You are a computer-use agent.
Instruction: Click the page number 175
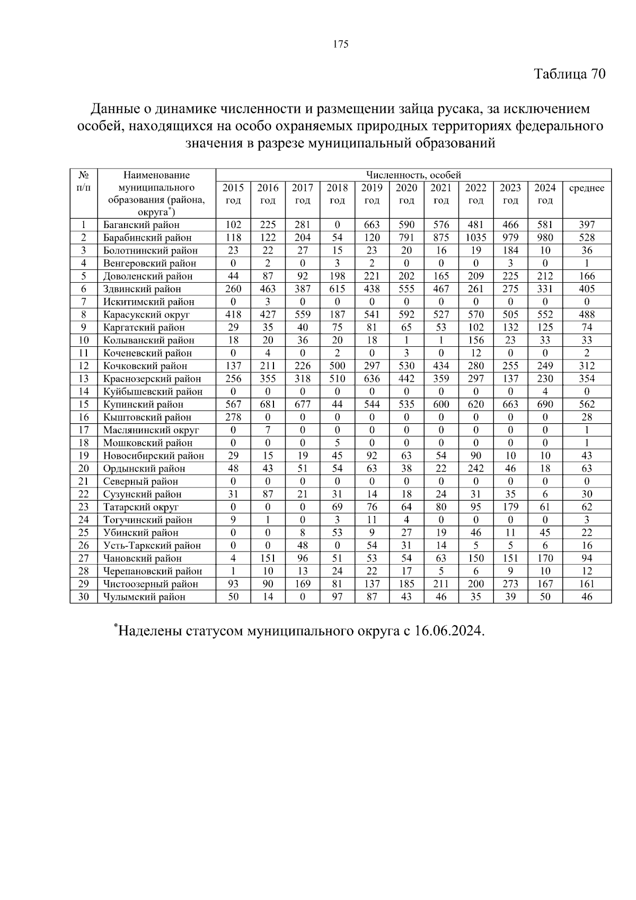341,44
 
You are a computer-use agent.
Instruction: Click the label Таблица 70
569,74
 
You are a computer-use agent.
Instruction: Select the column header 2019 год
372,194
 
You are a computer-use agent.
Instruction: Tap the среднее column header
586,188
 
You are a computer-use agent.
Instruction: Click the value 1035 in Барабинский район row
475,238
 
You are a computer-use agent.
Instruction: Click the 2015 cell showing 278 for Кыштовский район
233,417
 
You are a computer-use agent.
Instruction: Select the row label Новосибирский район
153,456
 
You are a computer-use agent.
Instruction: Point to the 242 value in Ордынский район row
475,468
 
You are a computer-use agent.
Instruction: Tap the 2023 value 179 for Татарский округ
510,507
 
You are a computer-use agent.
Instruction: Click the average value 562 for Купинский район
587,404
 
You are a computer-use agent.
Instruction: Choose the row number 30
83,597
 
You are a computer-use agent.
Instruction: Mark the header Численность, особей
413,175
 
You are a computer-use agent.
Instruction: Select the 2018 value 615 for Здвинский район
337,289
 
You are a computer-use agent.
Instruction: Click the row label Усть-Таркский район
152,546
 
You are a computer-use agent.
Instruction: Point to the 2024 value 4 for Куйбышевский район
545,391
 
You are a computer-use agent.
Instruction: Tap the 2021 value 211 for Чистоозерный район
441,584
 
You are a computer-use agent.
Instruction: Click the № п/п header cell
83,181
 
